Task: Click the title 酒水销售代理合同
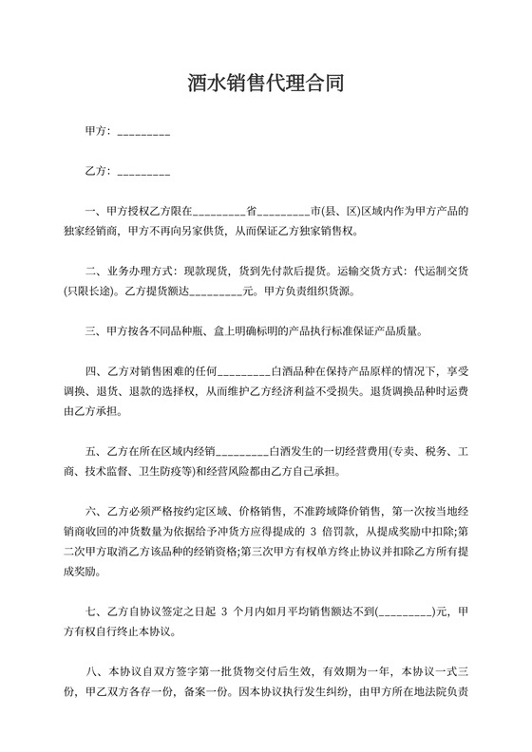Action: [265, 85]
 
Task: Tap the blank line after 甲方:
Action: [143, 132]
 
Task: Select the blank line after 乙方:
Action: [143, 173]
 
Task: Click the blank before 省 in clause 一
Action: [219, 214]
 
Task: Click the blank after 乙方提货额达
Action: [216, 291]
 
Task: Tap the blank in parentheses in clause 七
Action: [407, 613]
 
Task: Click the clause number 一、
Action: [92, 214]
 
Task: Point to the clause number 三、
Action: [92, 332]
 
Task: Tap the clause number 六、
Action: [92, 533]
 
